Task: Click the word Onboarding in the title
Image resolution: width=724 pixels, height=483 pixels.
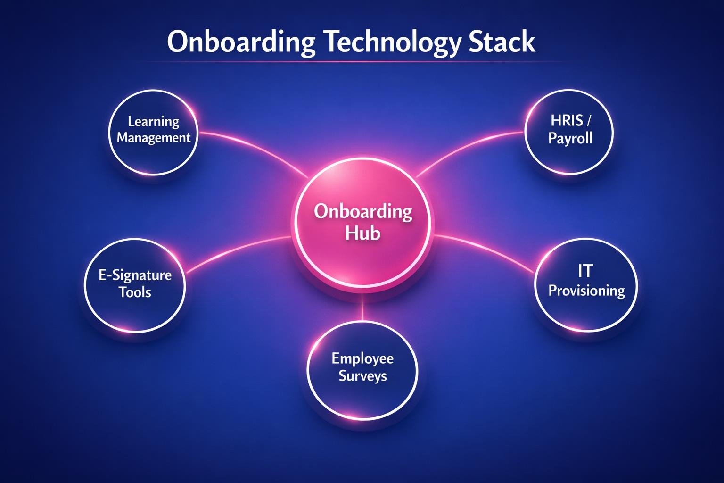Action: click(x=241, y=42)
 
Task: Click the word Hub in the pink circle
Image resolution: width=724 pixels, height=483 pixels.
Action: click(x=362, y=233)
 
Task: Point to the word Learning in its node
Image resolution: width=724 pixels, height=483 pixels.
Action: click(x=154, y=122)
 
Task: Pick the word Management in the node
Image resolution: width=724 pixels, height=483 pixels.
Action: click(x=154, y=138)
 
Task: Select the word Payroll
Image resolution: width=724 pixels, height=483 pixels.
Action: click(x=570, y=139)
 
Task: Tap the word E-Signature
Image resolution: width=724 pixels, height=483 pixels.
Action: click(x=135, y=275)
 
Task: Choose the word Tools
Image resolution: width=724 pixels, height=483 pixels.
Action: click(x=135, y=292)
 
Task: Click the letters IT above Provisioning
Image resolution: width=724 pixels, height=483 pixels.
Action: click(x=585, y=271)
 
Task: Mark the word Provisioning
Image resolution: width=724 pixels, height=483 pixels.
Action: click(x=587, y=291)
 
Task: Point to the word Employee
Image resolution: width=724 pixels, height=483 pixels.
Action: click(x=362, y=358)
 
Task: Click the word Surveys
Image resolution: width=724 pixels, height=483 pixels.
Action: click(x=362, y=376)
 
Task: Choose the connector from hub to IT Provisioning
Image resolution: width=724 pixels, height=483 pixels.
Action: click(x=485, y=248)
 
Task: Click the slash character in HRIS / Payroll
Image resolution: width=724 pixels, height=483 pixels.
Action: click(x=588, y=121)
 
